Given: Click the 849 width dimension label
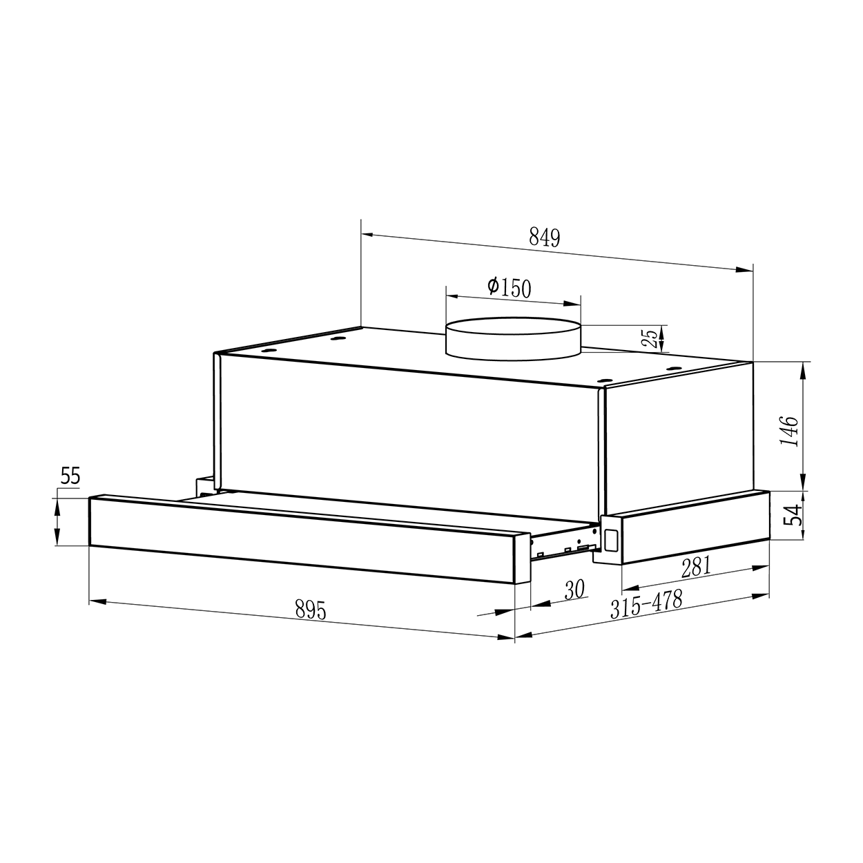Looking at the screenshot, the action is (x=544, y=237).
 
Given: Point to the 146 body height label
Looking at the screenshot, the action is (x=789, y=431).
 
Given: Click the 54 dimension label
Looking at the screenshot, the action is (x=792, y=515).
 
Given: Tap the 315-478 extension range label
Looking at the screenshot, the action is (x=646, y=603).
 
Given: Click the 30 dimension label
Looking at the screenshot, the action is (x=574, y=590).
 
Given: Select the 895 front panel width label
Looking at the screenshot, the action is (x=311, y=610).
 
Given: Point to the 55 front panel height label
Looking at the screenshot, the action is (x=70, y=476).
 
